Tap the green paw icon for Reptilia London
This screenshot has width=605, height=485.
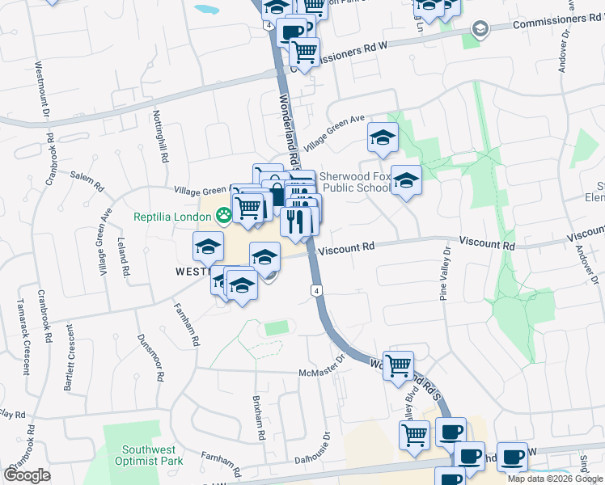(x=223, y=216)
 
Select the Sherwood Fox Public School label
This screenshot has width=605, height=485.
(x=355, y=182)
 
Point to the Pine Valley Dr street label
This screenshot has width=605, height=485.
(x=444, y=278)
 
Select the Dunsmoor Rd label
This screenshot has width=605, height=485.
(x=150, y=358)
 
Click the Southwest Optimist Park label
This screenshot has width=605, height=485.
(x=153, y=456)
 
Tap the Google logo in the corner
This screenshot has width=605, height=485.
(x=27, y=474)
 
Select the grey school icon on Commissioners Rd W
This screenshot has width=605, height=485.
(x=480, y=30)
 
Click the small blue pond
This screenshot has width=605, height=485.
(x=206, y=11)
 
